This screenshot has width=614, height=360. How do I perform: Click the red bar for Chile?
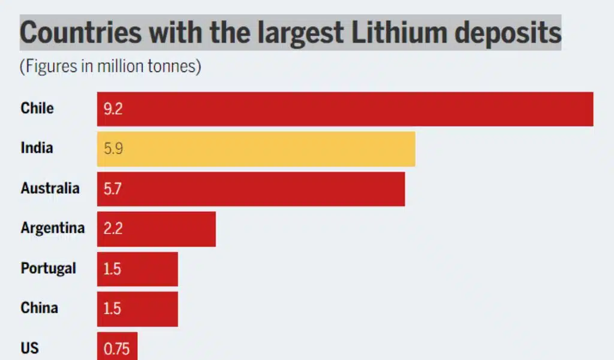click(x=345, y=109)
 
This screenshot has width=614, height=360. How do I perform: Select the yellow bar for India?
click(x=256, y=149)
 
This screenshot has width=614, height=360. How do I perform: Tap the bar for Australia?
click(x=251, y=189)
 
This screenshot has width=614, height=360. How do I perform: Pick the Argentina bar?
click(x=156, y=229)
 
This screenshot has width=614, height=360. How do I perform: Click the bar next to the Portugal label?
click(x=137, y=269)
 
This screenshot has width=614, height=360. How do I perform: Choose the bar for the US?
click(x=117, y=347)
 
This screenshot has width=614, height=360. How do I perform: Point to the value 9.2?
click(x=113, y=109)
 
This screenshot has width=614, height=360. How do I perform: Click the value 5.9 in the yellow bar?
click(x=113, y=149)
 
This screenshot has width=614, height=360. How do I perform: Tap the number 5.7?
click(x=113, y=189)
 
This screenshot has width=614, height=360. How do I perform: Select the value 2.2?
click(x=113, y=229)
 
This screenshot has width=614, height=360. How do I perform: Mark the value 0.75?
click(x=116, y=349)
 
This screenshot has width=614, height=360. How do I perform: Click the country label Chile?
click(x=37, y=108)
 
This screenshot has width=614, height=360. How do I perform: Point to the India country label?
click(x=37, y=148)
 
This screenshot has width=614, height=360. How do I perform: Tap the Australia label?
click(x=50, y=188)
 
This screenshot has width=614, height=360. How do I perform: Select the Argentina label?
click(x=53, y=228)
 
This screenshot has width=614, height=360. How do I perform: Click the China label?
click(x=39, y=308)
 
